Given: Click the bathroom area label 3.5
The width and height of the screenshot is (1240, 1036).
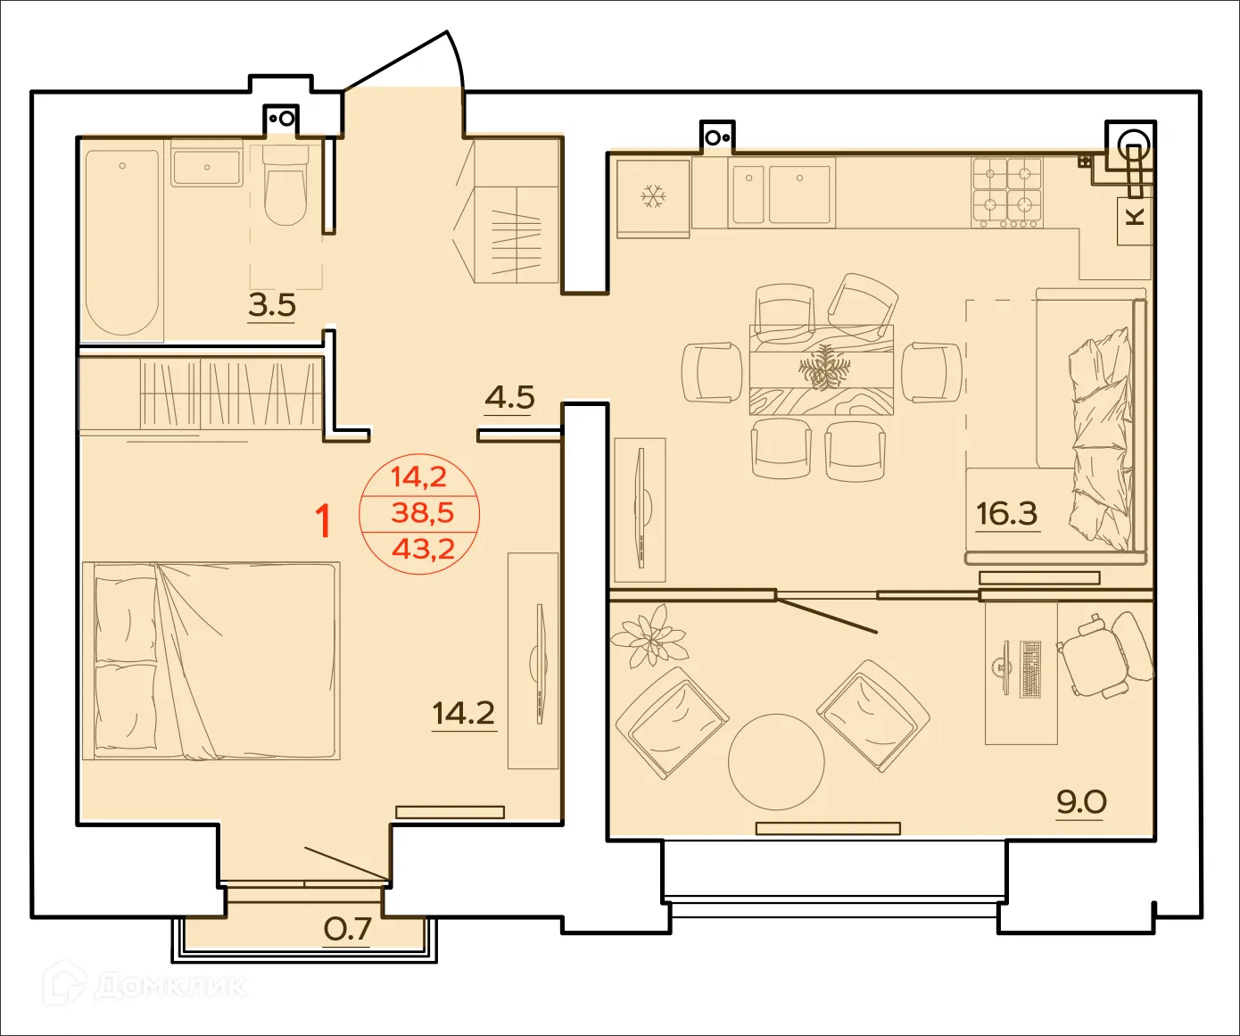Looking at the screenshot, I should [x=272, y=305].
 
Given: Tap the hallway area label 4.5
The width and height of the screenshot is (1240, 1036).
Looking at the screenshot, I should [x=509, y=396].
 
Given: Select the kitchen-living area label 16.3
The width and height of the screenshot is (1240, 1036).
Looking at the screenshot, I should [x=1006, y=514].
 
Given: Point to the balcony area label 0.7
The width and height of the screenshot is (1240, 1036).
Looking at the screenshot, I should [x=347, y=930].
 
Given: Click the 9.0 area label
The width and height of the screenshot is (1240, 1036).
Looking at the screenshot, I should [x=1081, y=801].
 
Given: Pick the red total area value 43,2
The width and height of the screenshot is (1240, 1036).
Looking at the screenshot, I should [x=423, y=549].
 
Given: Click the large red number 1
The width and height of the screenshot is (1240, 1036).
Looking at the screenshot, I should [x=325, y=521].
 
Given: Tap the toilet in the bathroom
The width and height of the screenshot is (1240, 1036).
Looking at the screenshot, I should [x=285, y=188].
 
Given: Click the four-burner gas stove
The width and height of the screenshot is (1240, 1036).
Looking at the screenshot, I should [x=1007, y=192].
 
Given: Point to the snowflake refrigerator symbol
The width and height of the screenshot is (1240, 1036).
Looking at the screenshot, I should [x=653, y=196].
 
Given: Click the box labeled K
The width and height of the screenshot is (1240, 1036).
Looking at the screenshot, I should [x=1135, y=217].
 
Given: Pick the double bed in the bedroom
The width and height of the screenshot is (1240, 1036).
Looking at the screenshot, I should [x=211, y=660].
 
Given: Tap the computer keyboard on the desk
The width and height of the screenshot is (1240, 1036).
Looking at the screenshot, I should [x=1030, y=669].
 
